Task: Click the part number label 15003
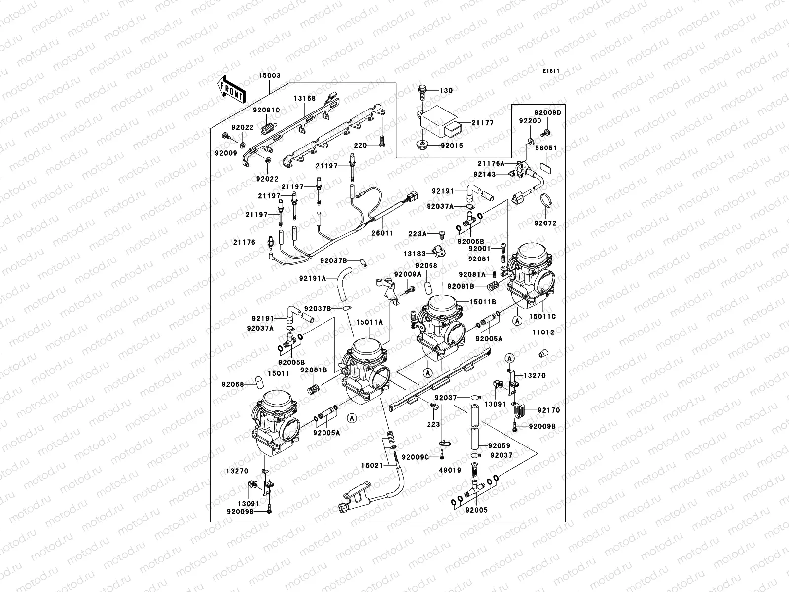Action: pos(269,76)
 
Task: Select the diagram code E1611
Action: pos(551,71)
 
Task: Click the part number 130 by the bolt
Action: pos(446,91)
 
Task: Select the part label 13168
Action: pos(305,98)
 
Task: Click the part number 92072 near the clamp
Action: pos(544,223)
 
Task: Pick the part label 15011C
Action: pos(543,316)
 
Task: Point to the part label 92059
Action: pos(499,445)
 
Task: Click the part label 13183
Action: pos(415,253)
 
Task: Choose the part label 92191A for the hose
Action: pos(312,279)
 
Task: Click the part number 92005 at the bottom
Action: pos(475,510)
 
